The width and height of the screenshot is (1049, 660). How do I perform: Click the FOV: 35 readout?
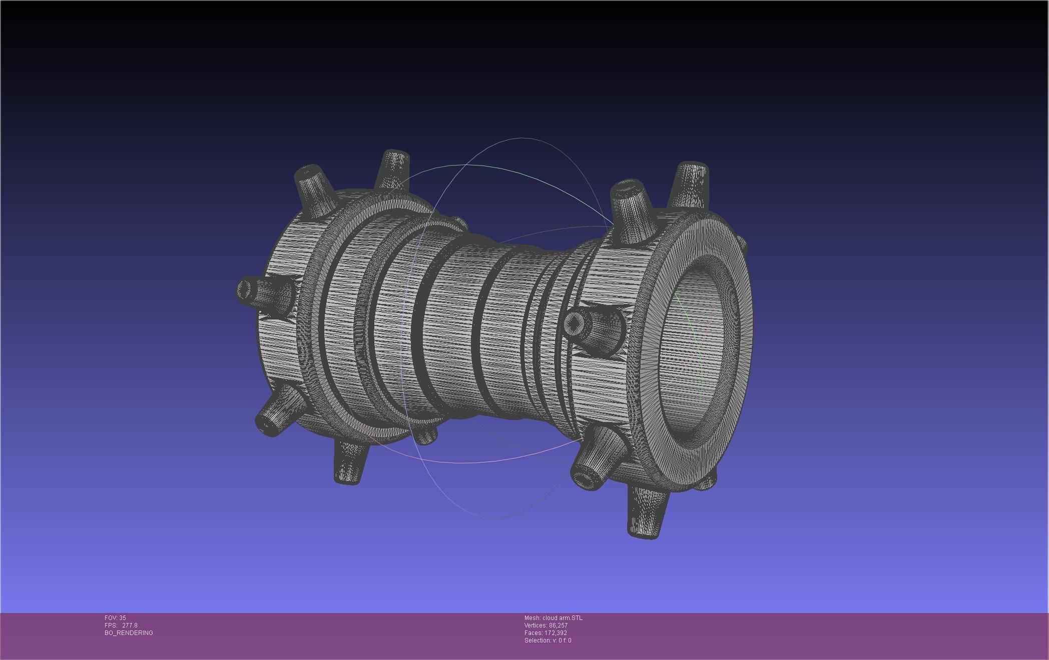[115, 618]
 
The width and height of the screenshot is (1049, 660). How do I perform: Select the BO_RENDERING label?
[129, 633]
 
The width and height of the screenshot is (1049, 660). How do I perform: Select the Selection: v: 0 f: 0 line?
[548, 640]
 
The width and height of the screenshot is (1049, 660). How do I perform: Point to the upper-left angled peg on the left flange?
[314, 190]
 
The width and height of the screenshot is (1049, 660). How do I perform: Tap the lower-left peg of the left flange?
[278, 412]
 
